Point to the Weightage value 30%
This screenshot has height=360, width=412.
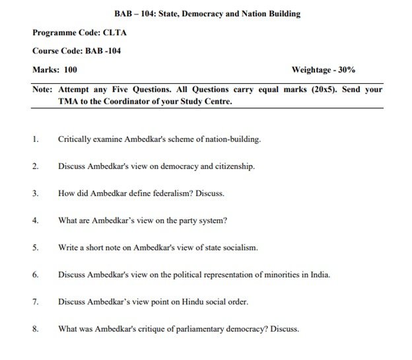[346, 69]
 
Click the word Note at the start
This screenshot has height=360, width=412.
[43, 89]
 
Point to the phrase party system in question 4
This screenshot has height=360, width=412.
[205, 220]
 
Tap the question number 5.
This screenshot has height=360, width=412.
[35, 248]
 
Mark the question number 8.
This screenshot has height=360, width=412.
[35, 328]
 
